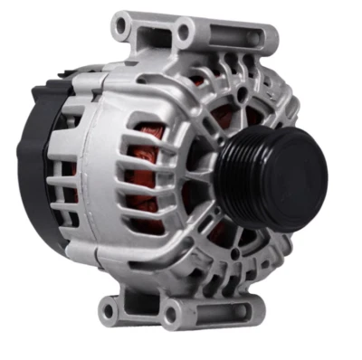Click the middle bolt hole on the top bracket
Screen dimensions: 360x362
(x=185, y=35)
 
